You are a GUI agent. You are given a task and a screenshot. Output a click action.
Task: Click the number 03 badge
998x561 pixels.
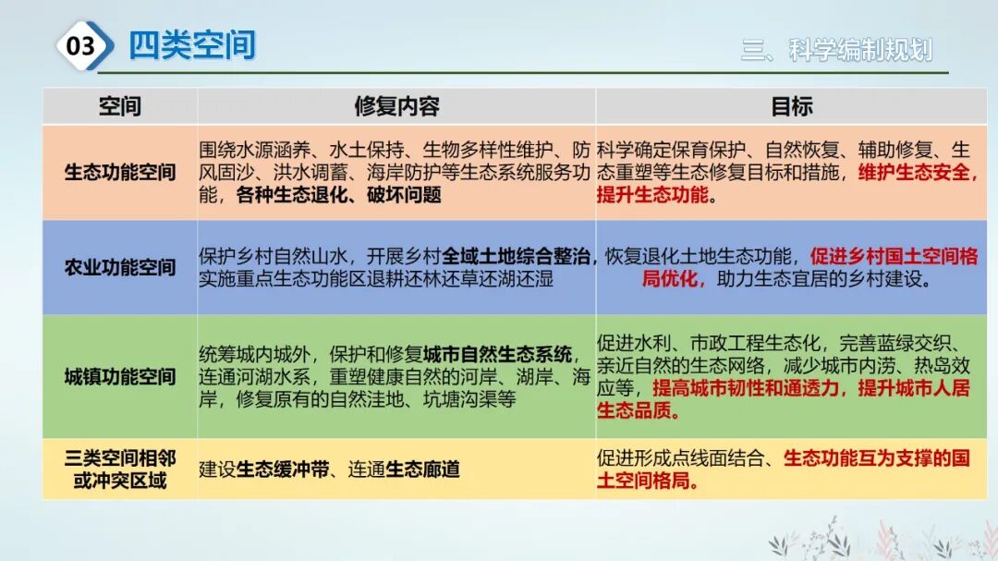[81, 45]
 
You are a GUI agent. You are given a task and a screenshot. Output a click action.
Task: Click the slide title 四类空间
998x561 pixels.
[192, 45]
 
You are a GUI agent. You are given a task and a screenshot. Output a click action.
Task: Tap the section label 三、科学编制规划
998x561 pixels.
[836, 50]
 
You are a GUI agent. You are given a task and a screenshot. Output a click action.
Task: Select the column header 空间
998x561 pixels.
[120, 106]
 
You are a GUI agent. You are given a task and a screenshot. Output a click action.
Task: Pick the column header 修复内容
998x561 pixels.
[396, 106]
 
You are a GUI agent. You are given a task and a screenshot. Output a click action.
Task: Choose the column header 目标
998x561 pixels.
[792, 106]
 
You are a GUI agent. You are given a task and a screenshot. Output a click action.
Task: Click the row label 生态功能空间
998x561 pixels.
[120, 173]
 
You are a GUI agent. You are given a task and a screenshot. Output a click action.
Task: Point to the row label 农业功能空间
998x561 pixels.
[120, 268]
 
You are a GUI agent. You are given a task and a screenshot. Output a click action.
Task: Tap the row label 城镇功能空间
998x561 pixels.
[120, 376]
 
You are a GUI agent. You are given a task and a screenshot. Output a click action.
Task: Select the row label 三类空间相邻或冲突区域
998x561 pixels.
[120, 470]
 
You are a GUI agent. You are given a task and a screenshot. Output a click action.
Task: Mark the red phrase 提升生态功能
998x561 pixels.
[652, 195]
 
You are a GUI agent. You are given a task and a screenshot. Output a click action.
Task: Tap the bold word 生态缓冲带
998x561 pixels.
[283, 470]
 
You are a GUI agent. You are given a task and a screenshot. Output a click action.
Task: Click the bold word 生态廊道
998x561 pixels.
[422, 470]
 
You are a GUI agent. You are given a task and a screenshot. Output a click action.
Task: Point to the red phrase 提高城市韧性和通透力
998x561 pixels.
[748, 388]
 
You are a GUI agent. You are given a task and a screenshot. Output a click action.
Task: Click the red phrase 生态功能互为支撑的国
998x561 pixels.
[876, 457]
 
